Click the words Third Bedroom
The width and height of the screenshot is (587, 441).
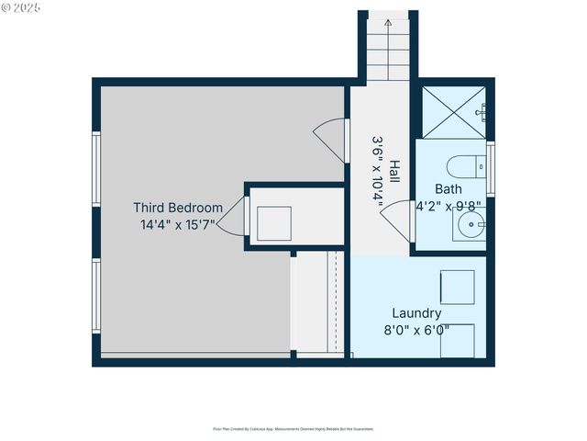[178, 208]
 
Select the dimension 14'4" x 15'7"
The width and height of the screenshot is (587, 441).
[178, 224]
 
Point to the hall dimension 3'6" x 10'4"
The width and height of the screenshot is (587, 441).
[378, 172]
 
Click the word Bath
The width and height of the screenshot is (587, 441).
[449, 189]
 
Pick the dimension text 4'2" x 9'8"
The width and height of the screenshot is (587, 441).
[449, 206]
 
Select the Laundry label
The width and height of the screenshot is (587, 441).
[416, 313]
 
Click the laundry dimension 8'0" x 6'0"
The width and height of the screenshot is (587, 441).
[416, 329]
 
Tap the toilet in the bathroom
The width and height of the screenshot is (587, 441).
[464, 167]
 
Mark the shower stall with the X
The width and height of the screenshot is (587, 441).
[452, 112]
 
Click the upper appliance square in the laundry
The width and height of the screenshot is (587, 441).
[457, 287]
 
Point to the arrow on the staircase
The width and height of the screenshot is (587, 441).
[388, 20]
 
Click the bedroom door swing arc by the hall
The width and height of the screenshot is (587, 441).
[329, 140]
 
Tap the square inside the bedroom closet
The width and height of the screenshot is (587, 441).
[273, 222]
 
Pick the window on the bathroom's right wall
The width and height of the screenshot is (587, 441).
[490, 168]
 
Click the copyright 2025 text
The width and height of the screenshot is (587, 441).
[22, 6]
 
